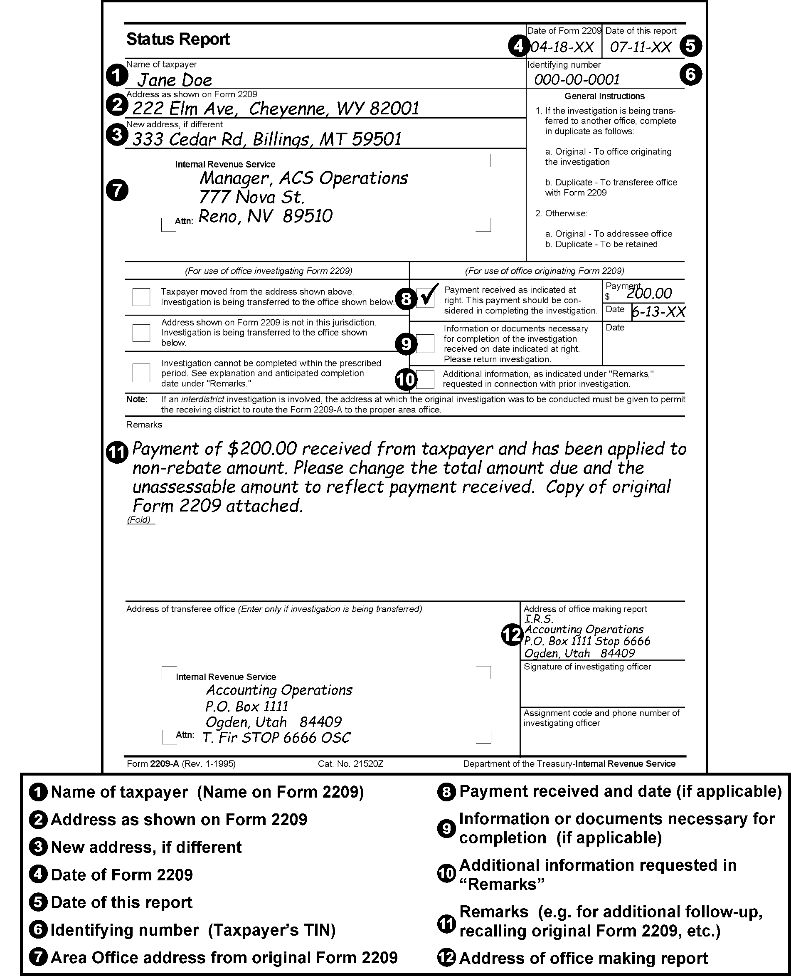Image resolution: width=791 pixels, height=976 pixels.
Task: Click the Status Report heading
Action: coord(178,39)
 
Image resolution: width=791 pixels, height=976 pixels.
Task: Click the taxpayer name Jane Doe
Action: coord(175,80)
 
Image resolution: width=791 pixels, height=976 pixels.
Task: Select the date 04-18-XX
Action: coord(562,47)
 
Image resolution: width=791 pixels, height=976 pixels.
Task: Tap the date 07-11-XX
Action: coord(640,47)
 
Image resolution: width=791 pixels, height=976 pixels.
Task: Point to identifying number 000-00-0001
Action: coord(577,80)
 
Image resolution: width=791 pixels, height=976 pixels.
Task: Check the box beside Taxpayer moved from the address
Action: coord(141,297)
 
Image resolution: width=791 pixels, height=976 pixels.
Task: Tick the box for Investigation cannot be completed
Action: coord(141,373)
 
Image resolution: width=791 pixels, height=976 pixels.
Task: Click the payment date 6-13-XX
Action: coord(658,312)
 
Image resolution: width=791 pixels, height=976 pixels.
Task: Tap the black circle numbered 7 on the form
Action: coord(117,190)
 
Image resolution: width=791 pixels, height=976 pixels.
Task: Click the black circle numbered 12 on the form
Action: coord(512,635)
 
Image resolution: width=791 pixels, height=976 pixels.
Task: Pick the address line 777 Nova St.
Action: coord(251,198)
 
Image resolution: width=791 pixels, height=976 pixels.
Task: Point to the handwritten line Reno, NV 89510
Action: coord(265,216)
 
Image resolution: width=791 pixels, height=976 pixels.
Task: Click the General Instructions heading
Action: coord(604,96)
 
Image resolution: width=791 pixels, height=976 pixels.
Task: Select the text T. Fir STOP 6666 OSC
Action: coord(276,738)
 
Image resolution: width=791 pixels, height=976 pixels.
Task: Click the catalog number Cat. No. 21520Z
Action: coord(350,764)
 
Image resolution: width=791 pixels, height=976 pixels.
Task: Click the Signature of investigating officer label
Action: coord(587,667)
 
